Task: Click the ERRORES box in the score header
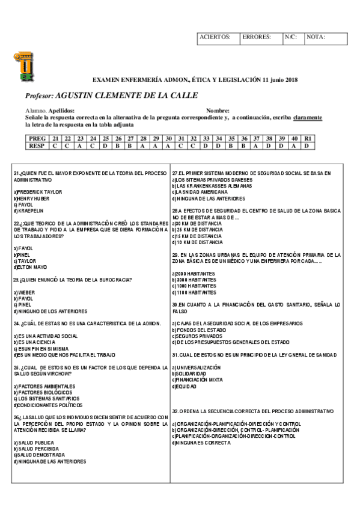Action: pyautogui.click(x=260, y=37)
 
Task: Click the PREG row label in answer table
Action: pyautogui.click(x=37, y=138)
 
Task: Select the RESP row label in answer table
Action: pyautogui.click(x=37, y=145)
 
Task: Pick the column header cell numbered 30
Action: pyautogui.click(x=169, y=138)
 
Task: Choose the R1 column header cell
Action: pyautogui.click(x=307, y=138)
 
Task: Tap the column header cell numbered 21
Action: pyautogui.click(x=55, y=138)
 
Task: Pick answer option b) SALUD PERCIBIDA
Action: pyautogui.click(x=37, y=449)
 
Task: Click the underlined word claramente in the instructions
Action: pyautogui.click(x=307, y=117)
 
